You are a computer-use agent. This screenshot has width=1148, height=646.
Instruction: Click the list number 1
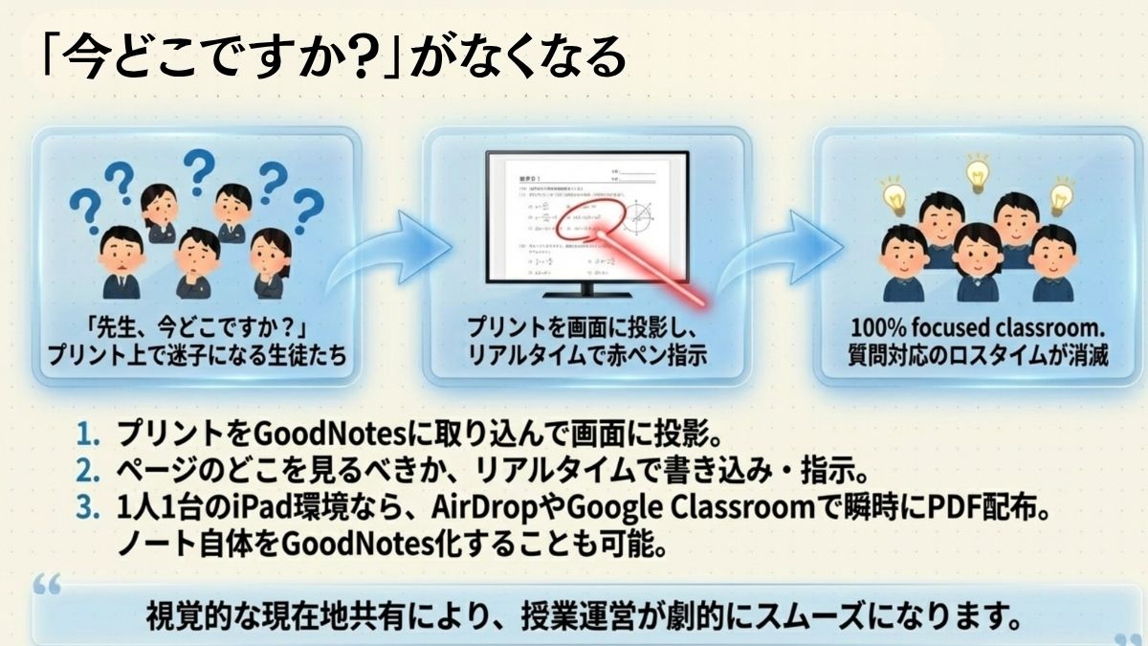pyautogui.click(x=88, y=435)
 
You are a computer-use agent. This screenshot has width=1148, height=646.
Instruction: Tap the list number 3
pyautogui.click(x=88, y=508)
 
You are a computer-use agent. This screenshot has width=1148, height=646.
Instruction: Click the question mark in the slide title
pyautogui.click(x=359, y=59)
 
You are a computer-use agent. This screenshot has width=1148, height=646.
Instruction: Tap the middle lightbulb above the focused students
pyautogui.click(x=976, y=172)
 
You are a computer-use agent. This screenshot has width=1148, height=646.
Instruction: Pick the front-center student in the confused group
pyautogui.click(x=197, y=263)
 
